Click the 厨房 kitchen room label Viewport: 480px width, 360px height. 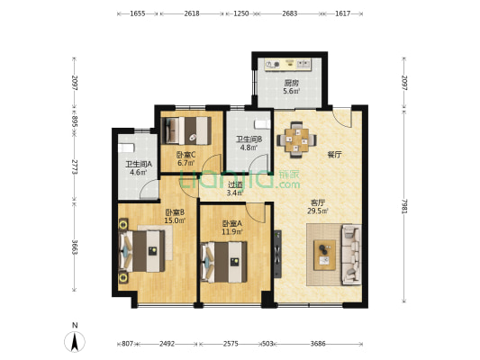point(291,83)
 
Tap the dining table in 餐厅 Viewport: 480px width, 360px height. point(296,140)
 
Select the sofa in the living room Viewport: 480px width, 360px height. point(351,255)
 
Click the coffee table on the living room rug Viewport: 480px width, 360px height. point(324,255)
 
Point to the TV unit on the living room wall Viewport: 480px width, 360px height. point(277,254)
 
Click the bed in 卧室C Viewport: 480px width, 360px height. point(186,130)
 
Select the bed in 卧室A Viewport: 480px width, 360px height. point(223,262)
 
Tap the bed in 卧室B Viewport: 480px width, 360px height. point(141,251)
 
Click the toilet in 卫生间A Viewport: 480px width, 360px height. point(126,148)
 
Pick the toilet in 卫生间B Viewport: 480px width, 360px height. point(263,124)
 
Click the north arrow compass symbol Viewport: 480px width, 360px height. point(75,341)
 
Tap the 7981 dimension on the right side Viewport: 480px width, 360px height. point(404,206)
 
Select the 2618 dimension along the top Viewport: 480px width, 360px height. point(192,13)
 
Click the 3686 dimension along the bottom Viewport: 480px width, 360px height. point(318,344)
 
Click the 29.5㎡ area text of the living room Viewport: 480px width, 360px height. point(318,211)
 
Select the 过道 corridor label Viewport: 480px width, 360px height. point(235,184)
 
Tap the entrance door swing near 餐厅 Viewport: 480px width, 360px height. point(342,118)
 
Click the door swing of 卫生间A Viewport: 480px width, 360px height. point(149,190)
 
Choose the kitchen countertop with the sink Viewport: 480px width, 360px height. point(288,64)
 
